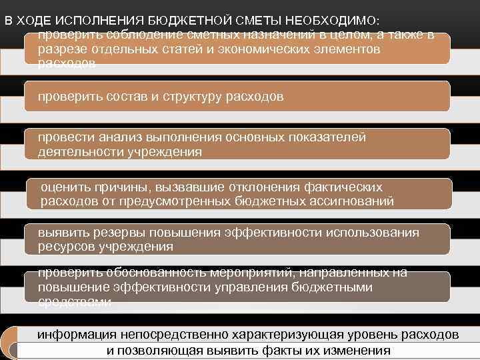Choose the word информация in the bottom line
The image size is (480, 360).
point(75,335)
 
